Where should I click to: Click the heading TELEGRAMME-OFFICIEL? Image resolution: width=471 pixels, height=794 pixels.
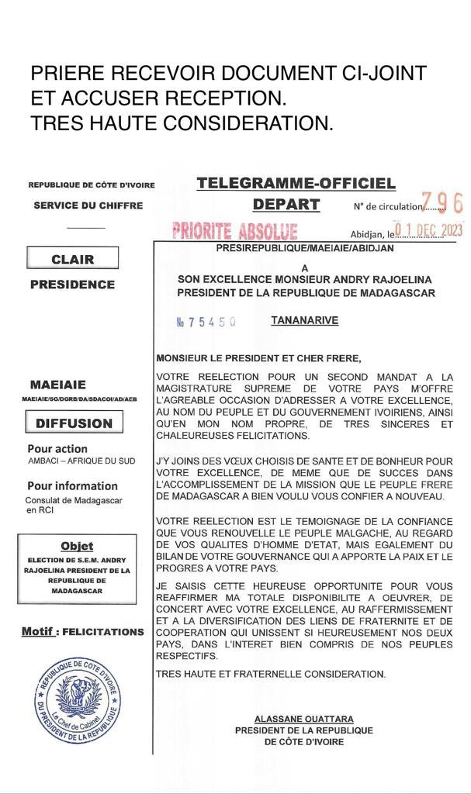point(296,184)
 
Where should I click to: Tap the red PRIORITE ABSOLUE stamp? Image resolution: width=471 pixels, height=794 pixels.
point(234,231)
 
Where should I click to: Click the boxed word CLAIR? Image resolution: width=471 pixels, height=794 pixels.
point(72,259)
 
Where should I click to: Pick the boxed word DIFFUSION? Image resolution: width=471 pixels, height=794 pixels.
point(74,423)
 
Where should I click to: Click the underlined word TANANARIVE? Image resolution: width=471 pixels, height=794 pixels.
point(304,320)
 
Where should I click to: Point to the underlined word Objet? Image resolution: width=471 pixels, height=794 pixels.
point(76,547)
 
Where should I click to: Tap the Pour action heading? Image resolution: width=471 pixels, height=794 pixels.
point(57,449)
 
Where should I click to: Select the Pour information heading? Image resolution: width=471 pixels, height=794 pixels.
point(72,486)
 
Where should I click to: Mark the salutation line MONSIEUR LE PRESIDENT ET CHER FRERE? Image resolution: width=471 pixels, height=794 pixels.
point(258,358)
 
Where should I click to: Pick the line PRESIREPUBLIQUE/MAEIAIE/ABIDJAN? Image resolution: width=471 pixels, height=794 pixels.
point(304,248)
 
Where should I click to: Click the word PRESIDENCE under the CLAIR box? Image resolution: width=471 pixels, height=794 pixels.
point(72,285)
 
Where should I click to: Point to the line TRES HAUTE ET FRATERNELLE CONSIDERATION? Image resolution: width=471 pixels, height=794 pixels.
point(271,674)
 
